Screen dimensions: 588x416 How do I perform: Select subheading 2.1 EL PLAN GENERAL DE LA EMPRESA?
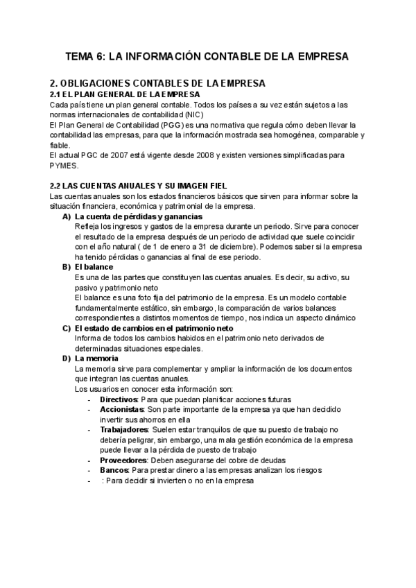tap(125, 94)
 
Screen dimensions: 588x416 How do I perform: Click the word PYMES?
tap(64, 166)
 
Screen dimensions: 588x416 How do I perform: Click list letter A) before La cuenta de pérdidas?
tap(67, 217)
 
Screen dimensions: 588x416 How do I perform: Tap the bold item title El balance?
tap(94, 267)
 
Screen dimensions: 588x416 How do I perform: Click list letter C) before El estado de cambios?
tap(67, 328)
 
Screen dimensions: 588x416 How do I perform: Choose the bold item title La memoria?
tap(96, 358)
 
